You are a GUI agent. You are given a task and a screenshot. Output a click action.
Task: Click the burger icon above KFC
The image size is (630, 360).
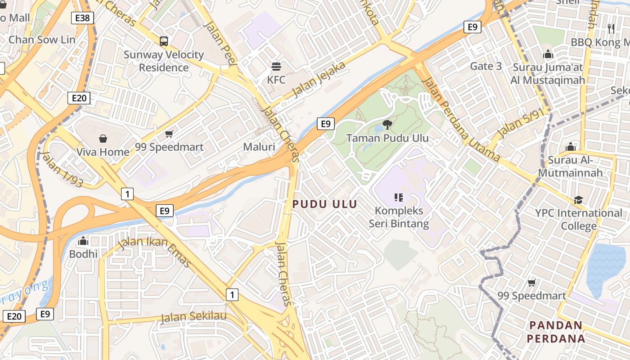(x=276, y=67)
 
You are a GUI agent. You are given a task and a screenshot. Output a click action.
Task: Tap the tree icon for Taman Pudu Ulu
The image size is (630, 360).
(x=387, y=124)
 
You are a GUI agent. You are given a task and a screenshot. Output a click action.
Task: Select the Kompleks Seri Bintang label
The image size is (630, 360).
(x=399, y=217)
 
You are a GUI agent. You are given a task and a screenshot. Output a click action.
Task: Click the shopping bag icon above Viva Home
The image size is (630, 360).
(x=103, y=139)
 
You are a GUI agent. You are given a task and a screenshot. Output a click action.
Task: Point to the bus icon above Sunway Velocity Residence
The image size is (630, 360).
(x=164, y=41)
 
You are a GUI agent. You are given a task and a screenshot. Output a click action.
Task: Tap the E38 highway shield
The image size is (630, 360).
(x=83, y=18)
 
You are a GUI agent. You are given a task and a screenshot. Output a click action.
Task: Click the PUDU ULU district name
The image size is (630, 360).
(x=325, y=204)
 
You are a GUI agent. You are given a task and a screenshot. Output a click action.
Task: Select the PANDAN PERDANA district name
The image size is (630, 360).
(x=557, y=332)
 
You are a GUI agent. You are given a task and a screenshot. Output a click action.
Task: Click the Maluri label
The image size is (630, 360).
(x=259, y=147)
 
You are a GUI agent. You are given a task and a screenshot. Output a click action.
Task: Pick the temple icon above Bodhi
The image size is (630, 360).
(x=83, y=241)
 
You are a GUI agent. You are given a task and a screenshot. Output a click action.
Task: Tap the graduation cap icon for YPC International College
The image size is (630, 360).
(x=578, y=200)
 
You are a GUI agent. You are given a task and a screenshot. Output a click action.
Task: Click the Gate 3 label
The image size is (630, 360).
(x=486, y=66)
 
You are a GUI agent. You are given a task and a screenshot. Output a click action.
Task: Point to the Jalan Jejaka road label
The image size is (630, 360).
(x=319, y=79)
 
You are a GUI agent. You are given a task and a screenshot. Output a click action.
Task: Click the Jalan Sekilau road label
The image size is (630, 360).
(x=193, y=316)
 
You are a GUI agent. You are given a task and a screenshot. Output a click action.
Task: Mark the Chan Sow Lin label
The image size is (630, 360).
(x=42, y=40)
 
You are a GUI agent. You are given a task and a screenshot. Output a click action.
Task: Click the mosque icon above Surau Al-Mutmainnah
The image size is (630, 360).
(x=571, y=147)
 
